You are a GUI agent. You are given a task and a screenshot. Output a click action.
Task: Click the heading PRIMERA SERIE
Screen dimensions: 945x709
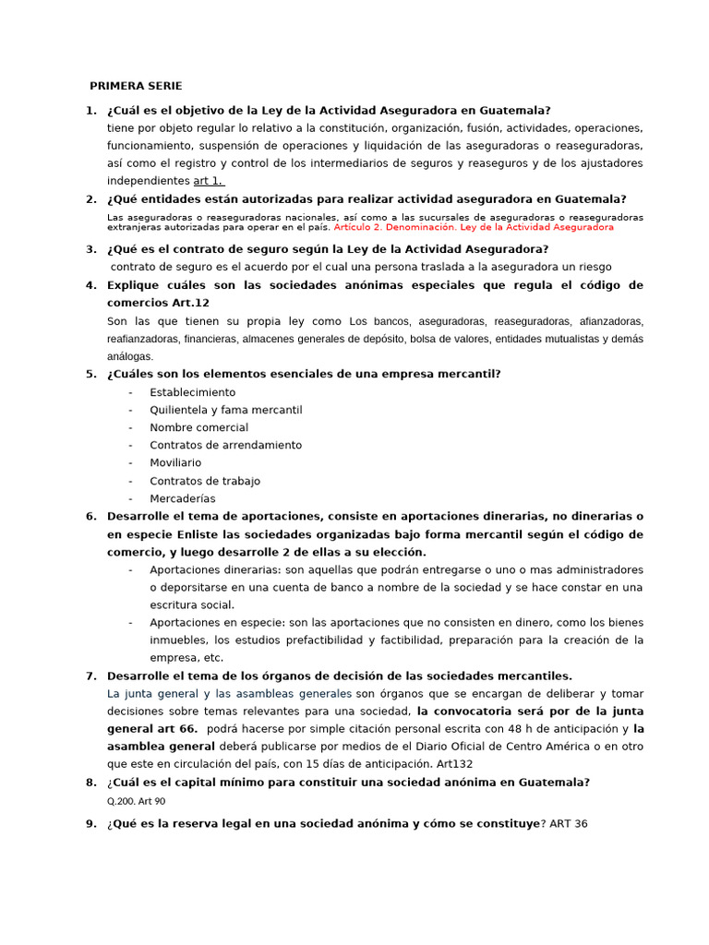136,86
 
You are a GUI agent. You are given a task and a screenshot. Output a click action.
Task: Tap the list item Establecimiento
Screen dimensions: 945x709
192,392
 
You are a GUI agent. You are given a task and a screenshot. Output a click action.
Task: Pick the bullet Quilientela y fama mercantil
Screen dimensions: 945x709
225,410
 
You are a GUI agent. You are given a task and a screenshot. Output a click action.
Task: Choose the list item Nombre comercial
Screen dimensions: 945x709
198,427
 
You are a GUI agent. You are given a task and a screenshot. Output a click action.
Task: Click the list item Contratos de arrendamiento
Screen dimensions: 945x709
225,445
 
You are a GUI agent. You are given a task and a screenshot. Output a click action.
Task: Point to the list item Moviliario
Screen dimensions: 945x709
175,462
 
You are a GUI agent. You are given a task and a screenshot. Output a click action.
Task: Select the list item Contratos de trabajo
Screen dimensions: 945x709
205,481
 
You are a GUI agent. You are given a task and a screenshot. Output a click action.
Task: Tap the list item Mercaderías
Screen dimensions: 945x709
182,498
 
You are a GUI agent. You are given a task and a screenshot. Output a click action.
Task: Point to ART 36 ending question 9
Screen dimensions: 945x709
568,823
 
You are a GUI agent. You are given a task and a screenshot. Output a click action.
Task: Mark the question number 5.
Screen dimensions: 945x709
90,374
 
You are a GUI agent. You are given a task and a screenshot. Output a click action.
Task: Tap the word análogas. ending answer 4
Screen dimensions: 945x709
130,356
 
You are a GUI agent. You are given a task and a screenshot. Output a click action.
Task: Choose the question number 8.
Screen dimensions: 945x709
90,783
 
